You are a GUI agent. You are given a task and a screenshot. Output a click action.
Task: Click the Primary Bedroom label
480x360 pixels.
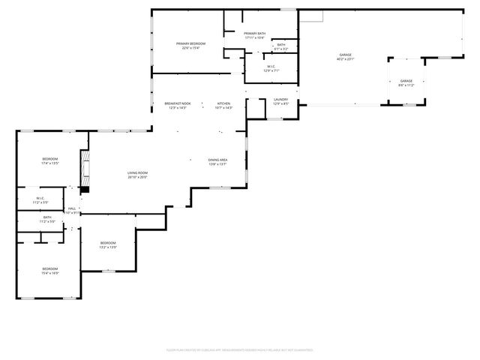(x=190, y=44)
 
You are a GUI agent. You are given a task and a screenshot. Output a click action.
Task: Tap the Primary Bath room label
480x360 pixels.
(x=254, y=34)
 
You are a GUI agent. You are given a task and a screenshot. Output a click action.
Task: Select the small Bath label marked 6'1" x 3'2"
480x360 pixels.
(x=280, y=45)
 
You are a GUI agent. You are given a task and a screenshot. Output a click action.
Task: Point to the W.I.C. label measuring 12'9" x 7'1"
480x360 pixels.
(x=271, y=66)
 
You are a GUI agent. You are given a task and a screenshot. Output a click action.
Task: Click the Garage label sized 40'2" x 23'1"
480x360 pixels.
(x=345, y=55)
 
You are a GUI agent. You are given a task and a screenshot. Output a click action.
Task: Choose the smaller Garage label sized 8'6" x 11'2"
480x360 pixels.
(x=406, y=81)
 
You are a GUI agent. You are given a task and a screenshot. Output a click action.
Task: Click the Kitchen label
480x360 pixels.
(x=223, y=103)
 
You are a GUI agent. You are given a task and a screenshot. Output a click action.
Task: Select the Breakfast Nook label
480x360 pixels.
(x=178, y=103)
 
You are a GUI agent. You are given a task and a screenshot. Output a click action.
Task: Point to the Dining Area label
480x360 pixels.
(x=217, y=160)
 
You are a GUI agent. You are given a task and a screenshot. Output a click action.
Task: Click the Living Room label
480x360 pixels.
(x=137, y=173)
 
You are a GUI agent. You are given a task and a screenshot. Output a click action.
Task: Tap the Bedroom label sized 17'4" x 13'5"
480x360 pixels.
(x=49, y=159)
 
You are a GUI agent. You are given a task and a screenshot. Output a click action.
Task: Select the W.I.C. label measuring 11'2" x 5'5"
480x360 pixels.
(x=40, y=199)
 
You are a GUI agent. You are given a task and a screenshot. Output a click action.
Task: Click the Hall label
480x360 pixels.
(x=73, y=208)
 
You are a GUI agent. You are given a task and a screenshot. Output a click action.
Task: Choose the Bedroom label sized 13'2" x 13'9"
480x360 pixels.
(x=108, y=243)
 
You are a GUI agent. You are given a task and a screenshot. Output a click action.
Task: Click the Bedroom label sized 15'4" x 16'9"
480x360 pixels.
(x=49, y=268)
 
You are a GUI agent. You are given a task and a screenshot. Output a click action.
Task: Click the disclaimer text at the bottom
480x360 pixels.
(x=239, y=349)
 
